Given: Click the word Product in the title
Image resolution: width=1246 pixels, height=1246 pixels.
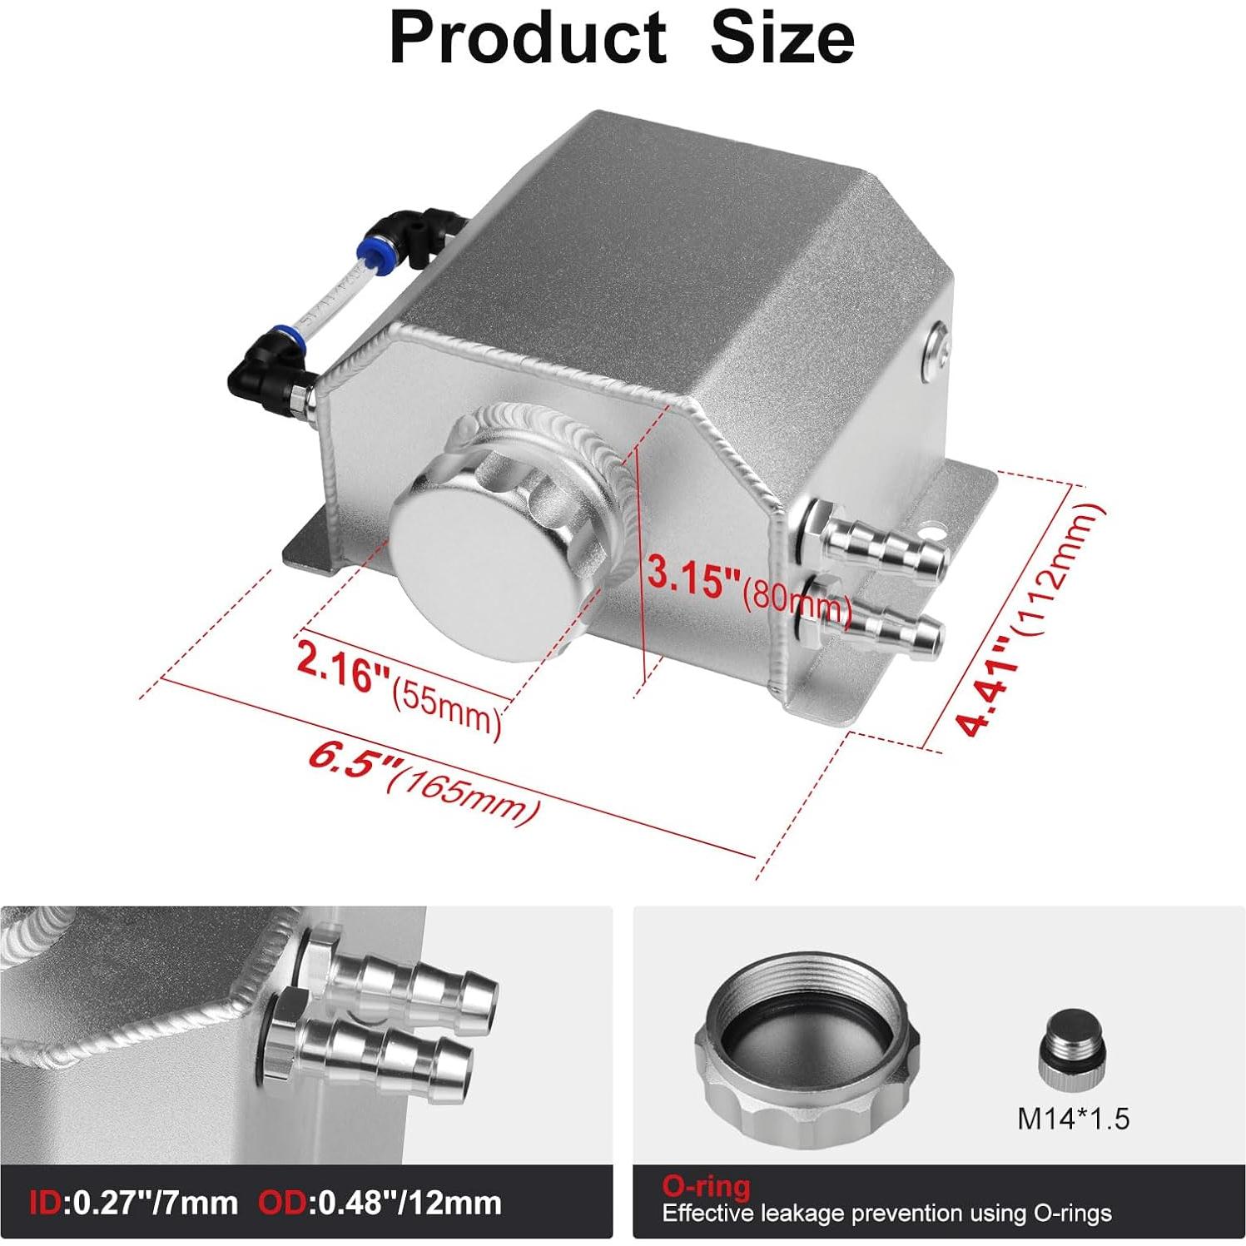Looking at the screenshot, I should [528, 38].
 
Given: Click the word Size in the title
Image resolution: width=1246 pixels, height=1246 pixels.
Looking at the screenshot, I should [782, 38].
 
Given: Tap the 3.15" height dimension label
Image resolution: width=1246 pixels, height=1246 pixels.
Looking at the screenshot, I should [692, 576].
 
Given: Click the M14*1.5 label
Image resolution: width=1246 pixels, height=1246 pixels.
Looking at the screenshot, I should [1073, 1119].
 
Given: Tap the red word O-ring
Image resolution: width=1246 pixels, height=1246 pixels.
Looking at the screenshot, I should [706, 1184].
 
